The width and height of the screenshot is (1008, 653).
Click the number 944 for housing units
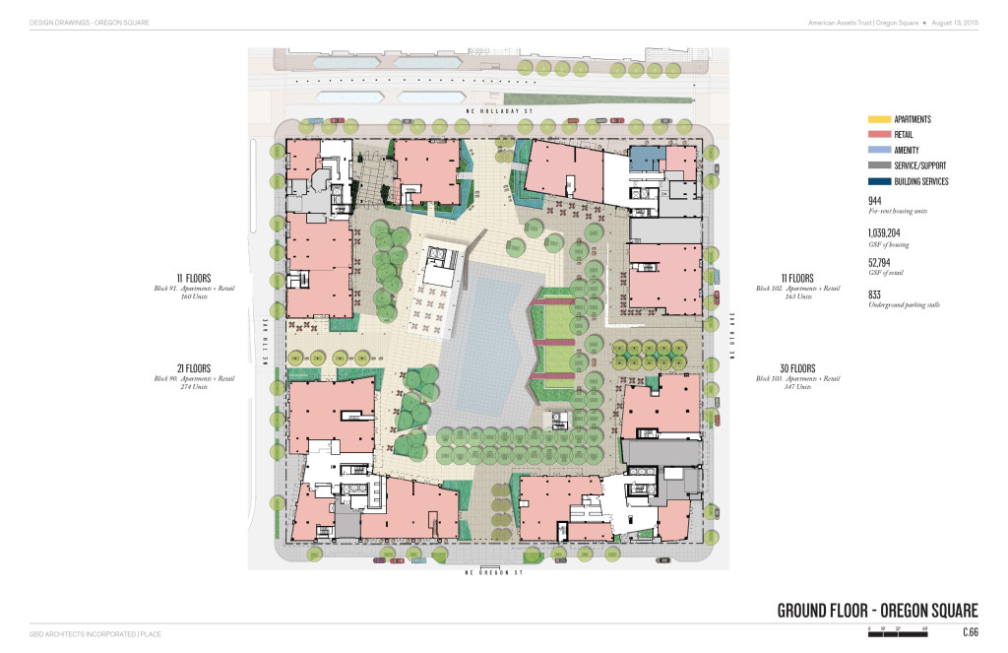[875, 200]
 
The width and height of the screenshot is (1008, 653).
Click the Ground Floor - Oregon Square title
[877, 610]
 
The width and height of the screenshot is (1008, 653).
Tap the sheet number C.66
[970, 632]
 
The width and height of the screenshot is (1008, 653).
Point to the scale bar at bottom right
[898, 629]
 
